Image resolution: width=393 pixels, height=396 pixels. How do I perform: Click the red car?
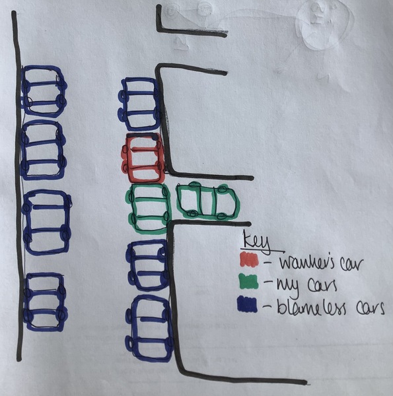tap(143, 158)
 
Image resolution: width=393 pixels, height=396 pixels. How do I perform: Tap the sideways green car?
tap(208, 202)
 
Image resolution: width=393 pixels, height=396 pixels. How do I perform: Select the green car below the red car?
tap(149, 209)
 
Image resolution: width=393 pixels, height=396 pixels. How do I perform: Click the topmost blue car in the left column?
tap(44, 92)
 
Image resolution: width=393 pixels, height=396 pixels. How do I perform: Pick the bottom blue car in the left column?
tap(45, 302)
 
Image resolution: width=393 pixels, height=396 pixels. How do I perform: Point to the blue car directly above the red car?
tap(139, 104)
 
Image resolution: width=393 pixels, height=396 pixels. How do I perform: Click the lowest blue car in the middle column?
tap(150, 329)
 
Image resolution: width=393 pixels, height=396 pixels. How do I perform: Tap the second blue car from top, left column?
tap(44, 150)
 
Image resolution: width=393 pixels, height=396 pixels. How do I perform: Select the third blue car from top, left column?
tap(47, 222)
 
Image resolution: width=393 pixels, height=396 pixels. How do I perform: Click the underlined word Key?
tap(256, 242)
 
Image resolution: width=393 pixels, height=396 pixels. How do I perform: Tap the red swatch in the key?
tap(249, 259)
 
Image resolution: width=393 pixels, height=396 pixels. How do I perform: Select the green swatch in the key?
tap(249, 281)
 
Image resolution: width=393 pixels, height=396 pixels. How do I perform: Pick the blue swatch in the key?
tap(247, 304)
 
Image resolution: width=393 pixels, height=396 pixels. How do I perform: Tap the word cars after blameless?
tap(371, 308)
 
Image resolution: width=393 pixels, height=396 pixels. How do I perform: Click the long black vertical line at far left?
tap(17, 186)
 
